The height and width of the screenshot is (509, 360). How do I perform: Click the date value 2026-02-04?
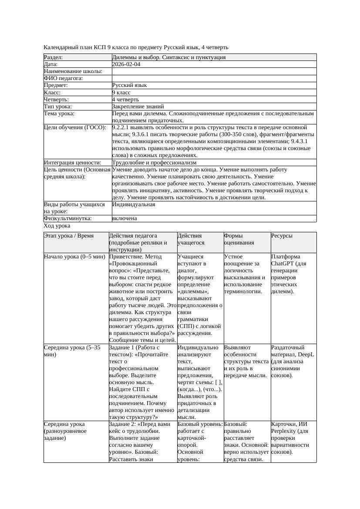[x=126, y=64]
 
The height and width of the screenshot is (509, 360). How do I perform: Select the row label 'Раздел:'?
[x=54, y=57]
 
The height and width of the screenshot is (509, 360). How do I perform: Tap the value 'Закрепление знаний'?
[x=138, y=106]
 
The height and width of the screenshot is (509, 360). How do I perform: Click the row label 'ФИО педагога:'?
[x=63, y=78]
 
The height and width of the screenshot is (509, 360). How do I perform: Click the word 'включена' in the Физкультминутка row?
[x=124, y=218]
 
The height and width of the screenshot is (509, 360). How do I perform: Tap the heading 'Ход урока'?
[x=57, y=226]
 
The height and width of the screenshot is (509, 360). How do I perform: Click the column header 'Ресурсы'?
[x=282, y=236]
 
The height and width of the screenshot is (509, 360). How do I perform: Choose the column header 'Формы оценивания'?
[x=239, y=239]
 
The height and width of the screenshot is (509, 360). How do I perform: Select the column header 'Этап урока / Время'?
[x=69, y=236]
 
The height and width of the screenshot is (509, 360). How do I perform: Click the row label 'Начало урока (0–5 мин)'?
[x=74, y=257]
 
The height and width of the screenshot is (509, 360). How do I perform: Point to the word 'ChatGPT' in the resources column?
[x=283, y=264]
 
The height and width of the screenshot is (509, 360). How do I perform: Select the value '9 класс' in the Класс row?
[x=121, y=92]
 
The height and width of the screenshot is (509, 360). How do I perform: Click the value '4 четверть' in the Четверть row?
[x=125, y=99]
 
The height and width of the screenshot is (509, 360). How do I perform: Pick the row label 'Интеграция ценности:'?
[x=72, y=162]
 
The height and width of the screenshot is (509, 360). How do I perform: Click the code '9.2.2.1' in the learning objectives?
[x=122, y=127]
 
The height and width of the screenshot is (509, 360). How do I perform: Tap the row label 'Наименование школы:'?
[x=73, y=71]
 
